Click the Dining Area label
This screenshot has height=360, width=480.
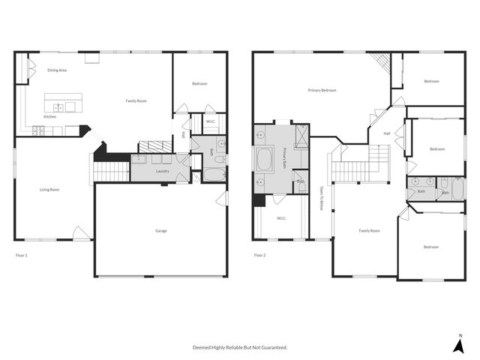coord(58,70)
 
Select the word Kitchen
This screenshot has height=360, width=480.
coord(49,117)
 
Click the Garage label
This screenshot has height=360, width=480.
coord(161,230)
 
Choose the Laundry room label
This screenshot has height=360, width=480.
coord(163,171)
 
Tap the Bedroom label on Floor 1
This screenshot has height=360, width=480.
coord(199,84)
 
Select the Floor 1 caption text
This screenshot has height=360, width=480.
coord(22,255)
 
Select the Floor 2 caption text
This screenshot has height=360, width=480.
coord(259,255)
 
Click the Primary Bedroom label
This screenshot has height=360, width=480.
coord(322,90)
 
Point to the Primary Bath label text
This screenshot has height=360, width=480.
coord(285,158)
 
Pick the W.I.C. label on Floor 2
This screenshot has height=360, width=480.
coord(281,218)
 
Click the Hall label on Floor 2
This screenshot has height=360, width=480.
coord(387,133)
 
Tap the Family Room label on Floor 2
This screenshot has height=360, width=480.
coord(369,230)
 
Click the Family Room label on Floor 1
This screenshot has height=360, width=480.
coord(136,100)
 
